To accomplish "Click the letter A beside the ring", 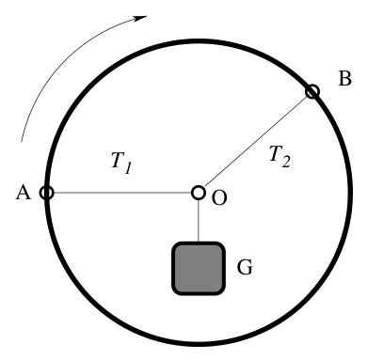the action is (24, 192).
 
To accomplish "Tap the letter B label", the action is (344, 78).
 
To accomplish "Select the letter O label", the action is (219, 198).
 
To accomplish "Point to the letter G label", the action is (245, 268).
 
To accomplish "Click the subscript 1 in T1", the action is (127, 167).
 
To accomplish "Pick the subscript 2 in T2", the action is (285, 162).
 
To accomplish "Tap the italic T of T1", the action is (119, 160).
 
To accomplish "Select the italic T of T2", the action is (277, 153).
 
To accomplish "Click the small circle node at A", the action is (47, 193).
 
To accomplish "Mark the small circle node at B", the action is (312, 92).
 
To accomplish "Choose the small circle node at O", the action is (199, 193).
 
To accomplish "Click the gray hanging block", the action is (199, 268).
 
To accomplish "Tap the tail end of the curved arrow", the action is (21, 142).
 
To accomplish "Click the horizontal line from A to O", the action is (122, 193).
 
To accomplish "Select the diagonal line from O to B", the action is (255, 142).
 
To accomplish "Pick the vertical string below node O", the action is (199, 221).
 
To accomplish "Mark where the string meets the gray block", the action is (199, 243).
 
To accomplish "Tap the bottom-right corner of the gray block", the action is (223, 292).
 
